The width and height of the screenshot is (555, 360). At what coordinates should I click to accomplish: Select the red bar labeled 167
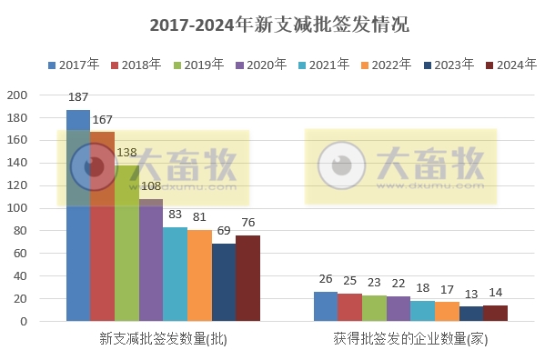[102, 226]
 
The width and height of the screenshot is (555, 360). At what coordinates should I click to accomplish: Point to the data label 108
[150, 186]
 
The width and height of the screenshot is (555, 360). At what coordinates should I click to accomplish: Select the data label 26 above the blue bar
[326, 279]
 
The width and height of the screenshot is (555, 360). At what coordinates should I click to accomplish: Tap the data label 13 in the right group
[471, 294]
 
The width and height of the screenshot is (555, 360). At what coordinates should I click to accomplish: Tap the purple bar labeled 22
[399, 309]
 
